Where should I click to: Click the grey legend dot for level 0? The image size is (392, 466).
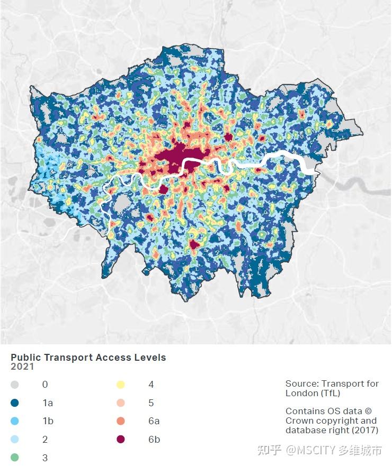[15, 385]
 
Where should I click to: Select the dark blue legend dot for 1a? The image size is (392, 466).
[15, 403]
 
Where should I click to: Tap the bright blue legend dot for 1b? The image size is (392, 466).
[15, 421]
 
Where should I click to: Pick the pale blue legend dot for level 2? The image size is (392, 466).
[15, 440]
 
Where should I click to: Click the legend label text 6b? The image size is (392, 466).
[154, 440]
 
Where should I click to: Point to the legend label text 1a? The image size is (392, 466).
[48, 403]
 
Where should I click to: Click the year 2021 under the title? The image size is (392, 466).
[22, 367]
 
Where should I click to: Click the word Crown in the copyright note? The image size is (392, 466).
[300, 421]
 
